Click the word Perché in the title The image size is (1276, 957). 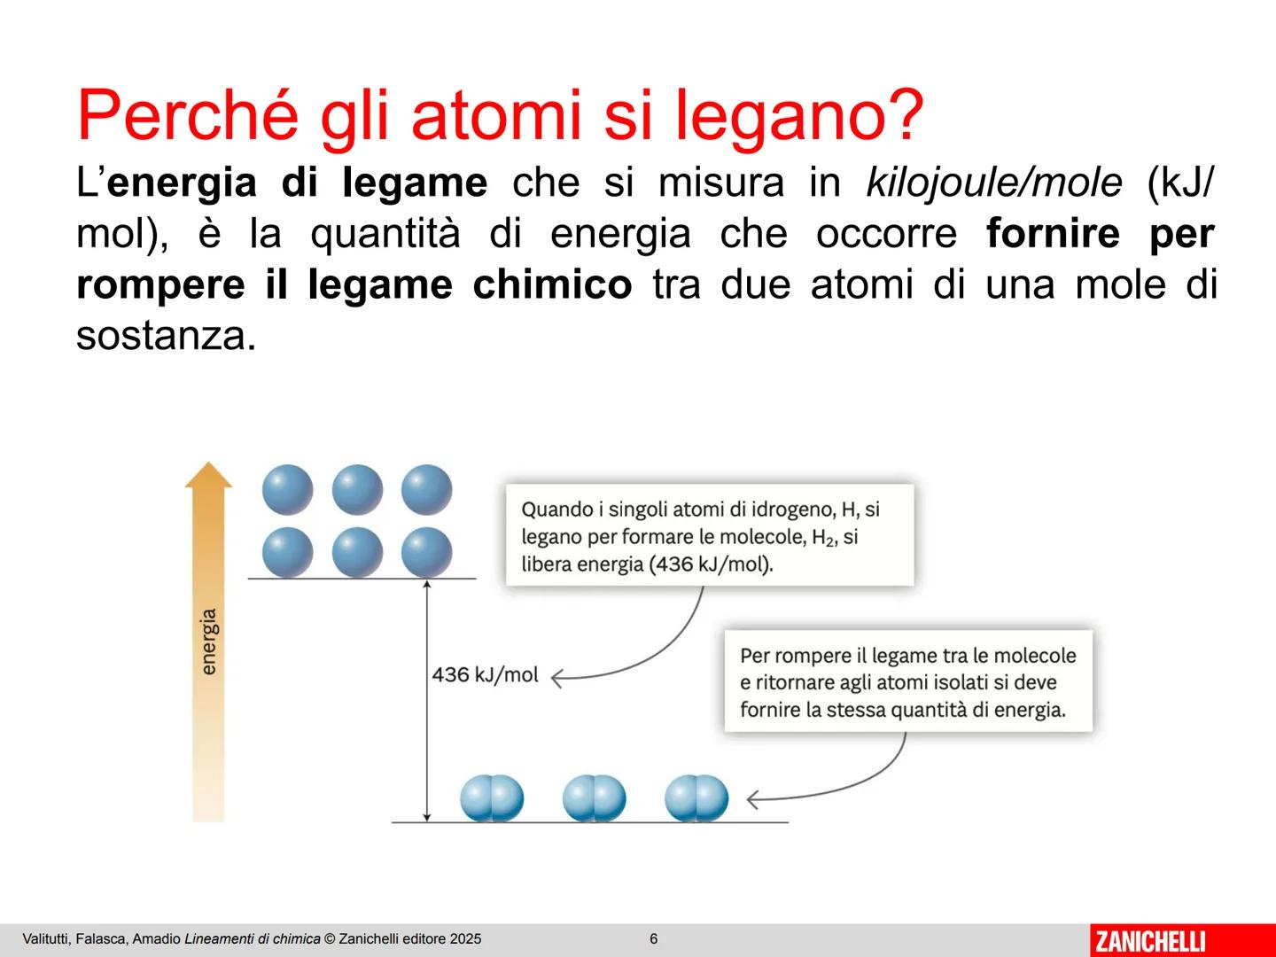(x=187, y=114)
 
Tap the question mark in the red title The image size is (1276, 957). (x=903, y=113)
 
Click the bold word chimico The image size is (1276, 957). (x=552, y=284)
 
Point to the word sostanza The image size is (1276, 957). (x=167, y=336)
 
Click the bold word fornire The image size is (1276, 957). (x=1053, y=233)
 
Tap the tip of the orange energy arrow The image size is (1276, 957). (x=208, y=463)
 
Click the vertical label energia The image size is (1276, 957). (x=208, y=642)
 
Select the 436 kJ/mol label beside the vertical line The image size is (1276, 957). (x=485, y=674)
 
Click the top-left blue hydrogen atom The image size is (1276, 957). (x=288, y=489)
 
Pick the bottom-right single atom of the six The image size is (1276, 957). (x=427, y=552)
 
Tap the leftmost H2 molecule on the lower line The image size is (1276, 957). (x=492, y=797)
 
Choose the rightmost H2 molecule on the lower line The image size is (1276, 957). (x=696, y=797)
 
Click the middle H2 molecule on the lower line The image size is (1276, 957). (x=594, y=797)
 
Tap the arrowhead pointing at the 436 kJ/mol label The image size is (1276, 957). (x=556, y=678)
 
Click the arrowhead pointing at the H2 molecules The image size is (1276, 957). (x=752, y=799)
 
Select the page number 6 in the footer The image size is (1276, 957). (x=653, y=938)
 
